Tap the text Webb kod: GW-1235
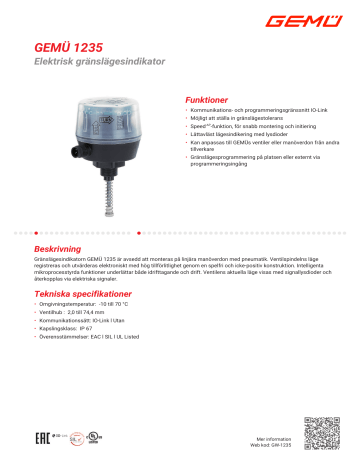272,445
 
